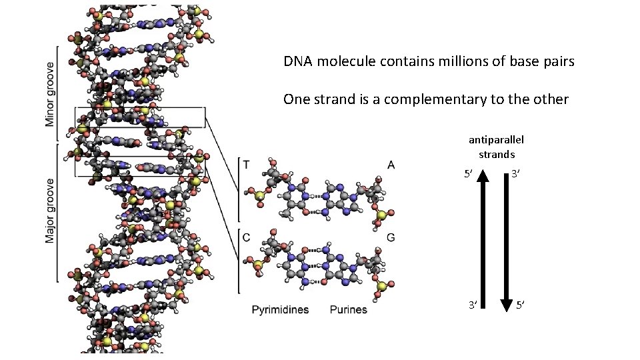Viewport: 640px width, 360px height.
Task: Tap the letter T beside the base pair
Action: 247,164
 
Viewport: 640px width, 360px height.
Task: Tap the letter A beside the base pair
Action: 391,164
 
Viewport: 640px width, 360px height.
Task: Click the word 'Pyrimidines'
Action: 280,310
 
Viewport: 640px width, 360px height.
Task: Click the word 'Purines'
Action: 348,310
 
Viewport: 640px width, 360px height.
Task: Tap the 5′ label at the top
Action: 468,175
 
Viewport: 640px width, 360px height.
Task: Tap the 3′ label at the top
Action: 516,175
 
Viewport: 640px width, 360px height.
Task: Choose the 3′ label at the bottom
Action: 471,305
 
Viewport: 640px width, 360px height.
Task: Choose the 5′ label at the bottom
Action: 521,305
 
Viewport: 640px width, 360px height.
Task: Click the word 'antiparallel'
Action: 496,139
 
